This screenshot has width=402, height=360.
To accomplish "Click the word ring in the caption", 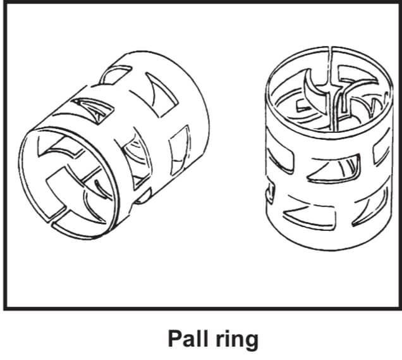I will (x=236, y=340).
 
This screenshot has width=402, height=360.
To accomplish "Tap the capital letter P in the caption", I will (x=174, y=339).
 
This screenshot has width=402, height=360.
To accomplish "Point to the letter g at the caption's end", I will (x=252, y=342).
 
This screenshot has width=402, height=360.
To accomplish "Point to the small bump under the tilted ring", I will (x=143, y=198).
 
